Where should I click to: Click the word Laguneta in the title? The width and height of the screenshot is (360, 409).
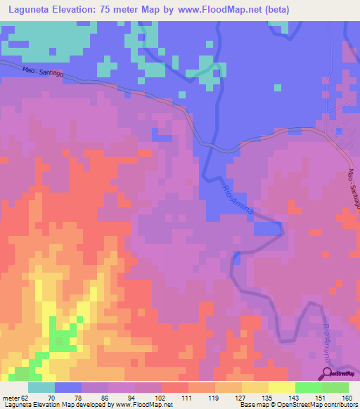pyautogui.click(x=28, y=10)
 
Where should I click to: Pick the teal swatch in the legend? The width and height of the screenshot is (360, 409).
pyautogui.click(x=41, y=387)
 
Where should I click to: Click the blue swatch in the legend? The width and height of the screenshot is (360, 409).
pyautogui.click(x=68, y=387)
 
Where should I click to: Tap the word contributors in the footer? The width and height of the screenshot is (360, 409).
pyautogui.click(x=340, y=404)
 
